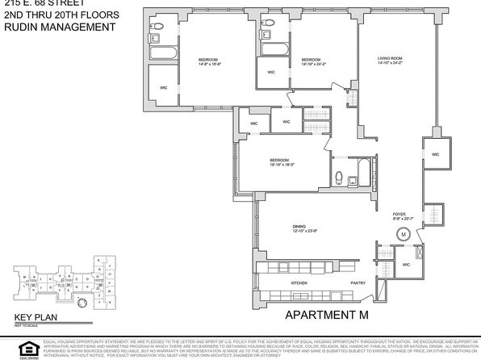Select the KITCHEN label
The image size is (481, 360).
(x=299, y=283)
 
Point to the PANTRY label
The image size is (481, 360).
(x=358, y=283)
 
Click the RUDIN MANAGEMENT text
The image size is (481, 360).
(x=53, y=26)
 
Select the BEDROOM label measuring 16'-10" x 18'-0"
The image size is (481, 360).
(x=279, y=161)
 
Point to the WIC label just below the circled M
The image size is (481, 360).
(x=406, y=264)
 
